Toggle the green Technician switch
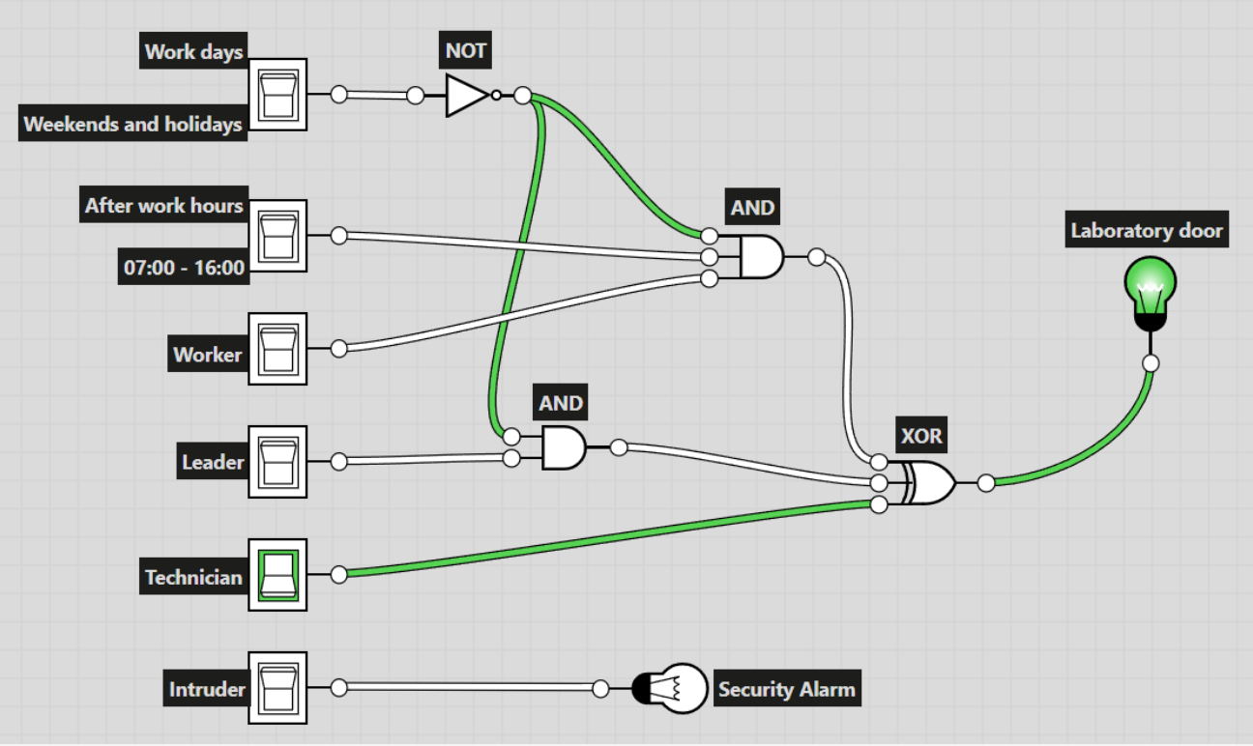point(278,575)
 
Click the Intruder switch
point(278,688)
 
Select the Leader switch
point(278,462)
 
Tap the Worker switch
point(278,349)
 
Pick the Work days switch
point(278,95)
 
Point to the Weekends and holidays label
point(133,125)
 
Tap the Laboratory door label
point(1147,231)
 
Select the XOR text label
point(920,436)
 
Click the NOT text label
point(465,50)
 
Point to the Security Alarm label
point(786,689)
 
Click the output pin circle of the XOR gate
point(985,483)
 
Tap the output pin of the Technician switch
point(339,575)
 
